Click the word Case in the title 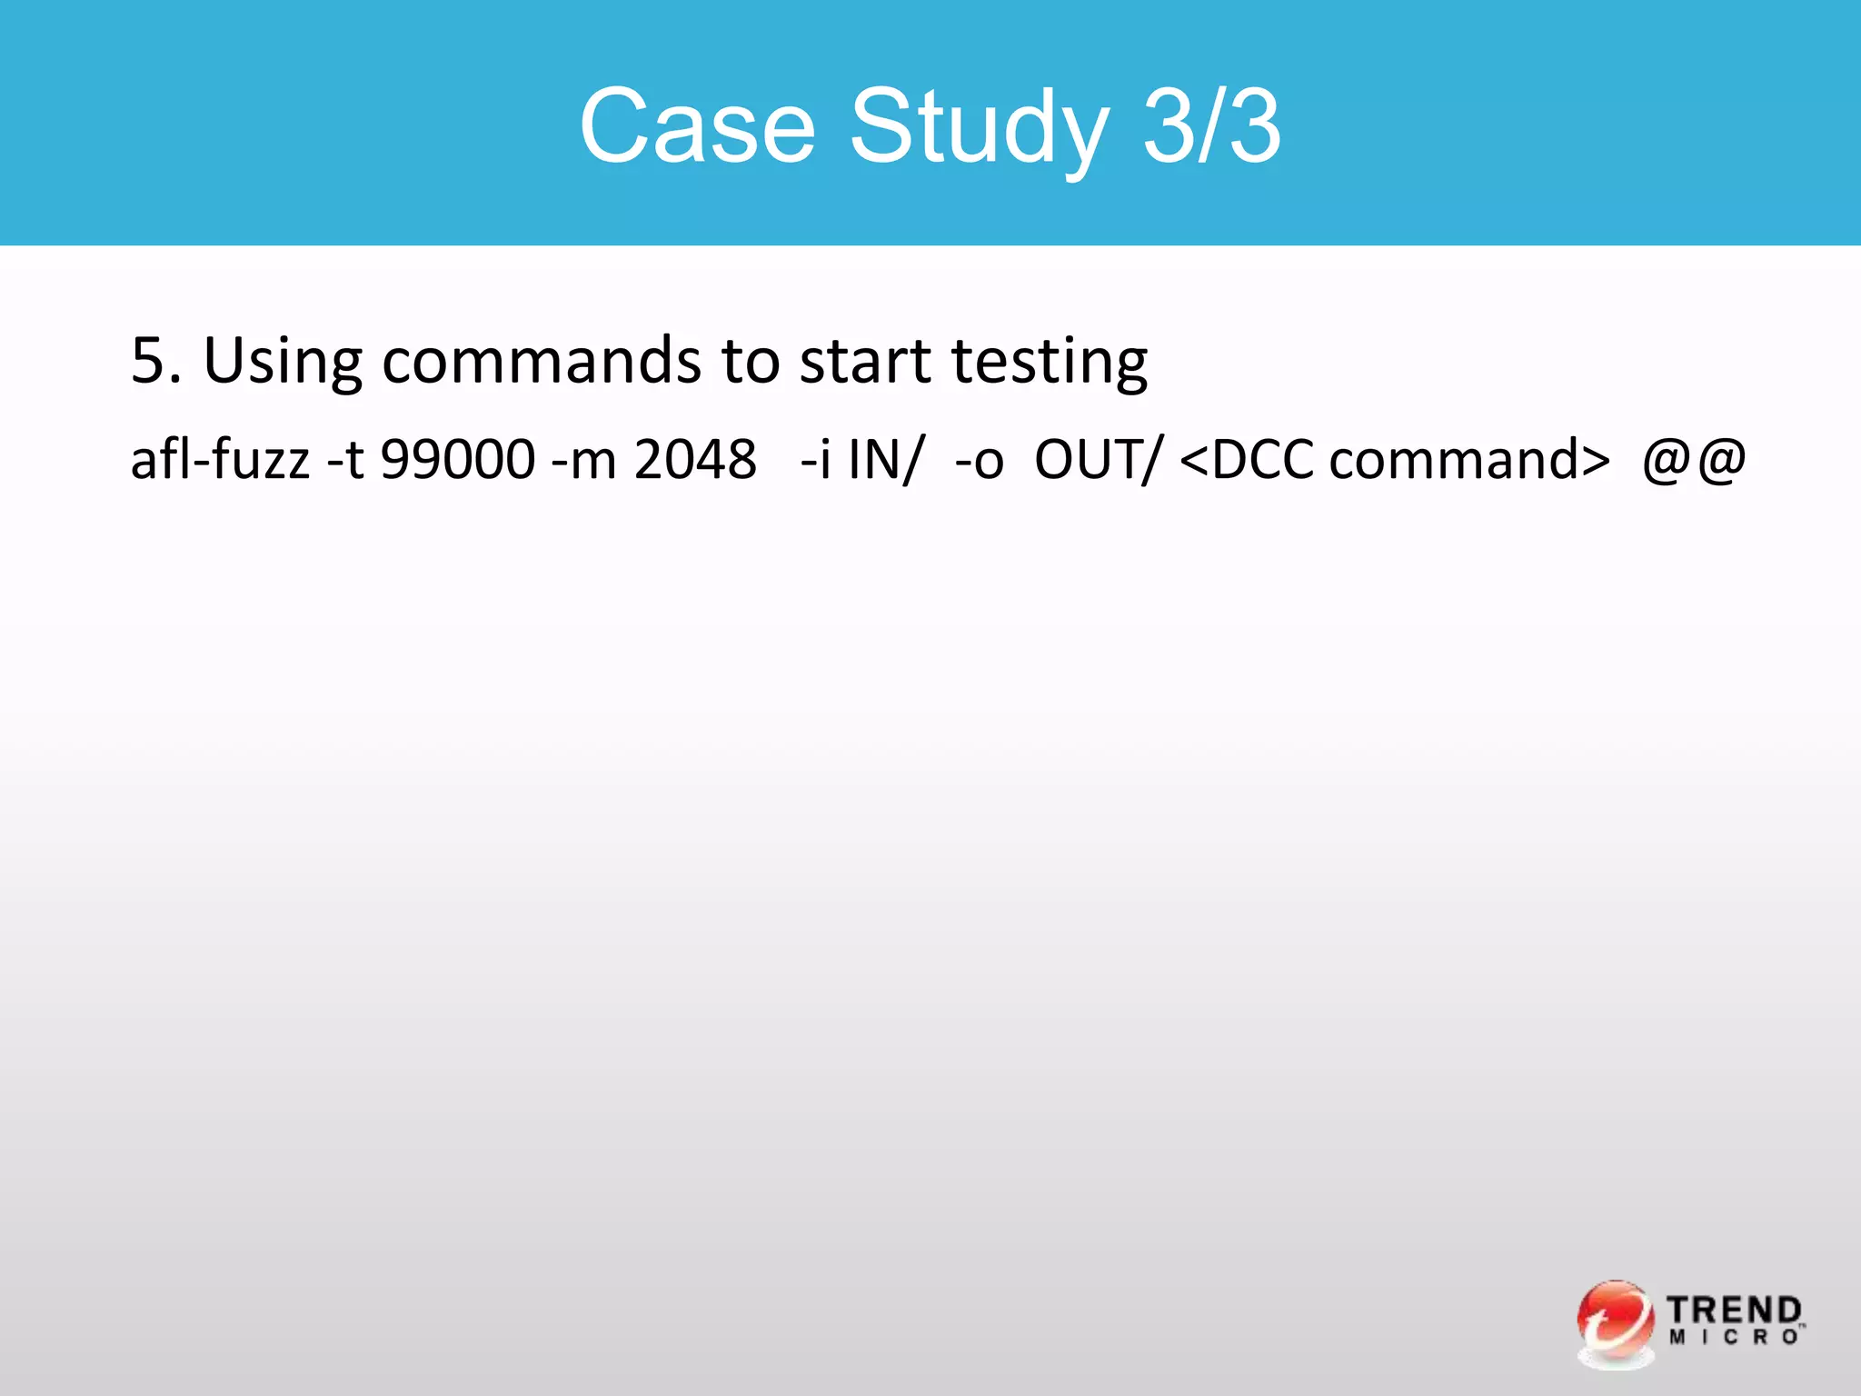[697, 126]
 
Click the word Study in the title [979, 128]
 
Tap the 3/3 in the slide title [1211, 126]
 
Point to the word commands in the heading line [542, 360]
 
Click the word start [864, 360]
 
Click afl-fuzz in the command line [220, 459]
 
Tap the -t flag [345, 459]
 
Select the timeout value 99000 [457, 459]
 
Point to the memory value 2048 [695, 459]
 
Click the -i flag [815, 459]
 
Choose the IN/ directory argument [886, 459]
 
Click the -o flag [979, 459]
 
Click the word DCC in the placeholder [1262, 459]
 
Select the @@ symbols [1694, 459]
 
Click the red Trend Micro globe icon [1615, 1321]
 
